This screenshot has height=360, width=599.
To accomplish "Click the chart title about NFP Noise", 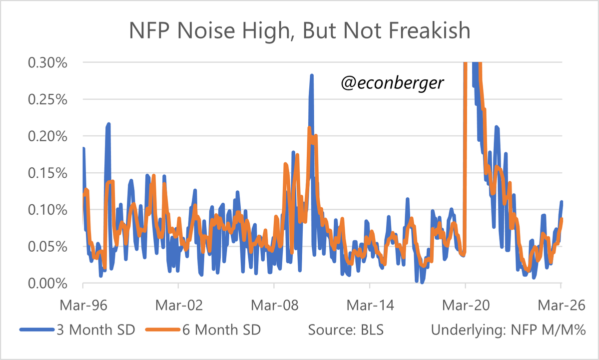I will coord(299,31).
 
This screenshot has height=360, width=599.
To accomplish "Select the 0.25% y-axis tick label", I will coord(48,99).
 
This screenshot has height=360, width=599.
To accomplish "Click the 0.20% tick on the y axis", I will coord(48,136).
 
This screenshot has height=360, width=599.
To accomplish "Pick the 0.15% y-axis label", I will coord(48,173).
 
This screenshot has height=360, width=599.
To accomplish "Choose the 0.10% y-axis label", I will coord(48,210).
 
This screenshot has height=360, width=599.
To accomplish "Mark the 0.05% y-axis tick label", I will coord(48,246).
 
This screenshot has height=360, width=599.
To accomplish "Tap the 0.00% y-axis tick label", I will coord(48,283).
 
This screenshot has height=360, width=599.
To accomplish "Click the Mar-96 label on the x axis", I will coord(82,305).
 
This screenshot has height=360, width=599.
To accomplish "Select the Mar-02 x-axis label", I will coord(178,305).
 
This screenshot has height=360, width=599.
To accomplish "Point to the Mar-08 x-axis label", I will coord(274,305).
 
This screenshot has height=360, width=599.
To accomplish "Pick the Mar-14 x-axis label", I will coord(370,305).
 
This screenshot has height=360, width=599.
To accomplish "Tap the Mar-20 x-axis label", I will coord(465,305).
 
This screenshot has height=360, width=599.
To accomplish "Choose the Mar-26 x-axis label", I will coord(561,305).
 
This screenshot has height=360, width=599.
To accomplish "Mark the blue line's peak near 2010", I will coord(311,76).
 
